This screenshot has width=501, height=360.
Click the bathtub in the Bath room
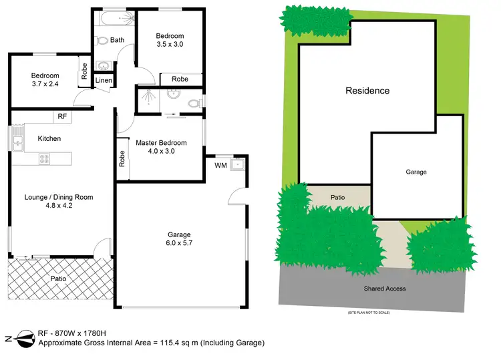[x=110, y=19]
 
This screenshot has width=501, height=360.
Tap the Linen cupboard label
[x=104, y=80]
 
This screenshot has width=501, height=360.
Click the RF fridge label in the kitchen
[x=62, y=116]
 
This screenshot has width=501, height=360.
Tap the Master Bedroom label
[x=161, y=143]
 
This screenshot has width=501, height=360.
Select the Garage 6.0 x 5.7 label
[x=180, y=239]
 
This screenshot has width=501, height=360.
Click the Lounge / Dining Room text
[x=59, y=197]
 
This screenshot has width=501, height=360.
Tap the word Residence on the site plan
[x=367, y=91]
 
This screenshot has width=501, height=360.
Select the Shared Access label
[x=385, y=289]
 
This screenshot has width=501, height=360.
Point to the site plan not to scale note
[x=369, y=313]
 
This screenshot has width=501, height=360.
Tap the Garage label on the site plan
[x=416, y=172]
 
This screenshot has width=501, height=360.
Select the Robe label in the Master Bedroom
[x=122, y=158]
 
